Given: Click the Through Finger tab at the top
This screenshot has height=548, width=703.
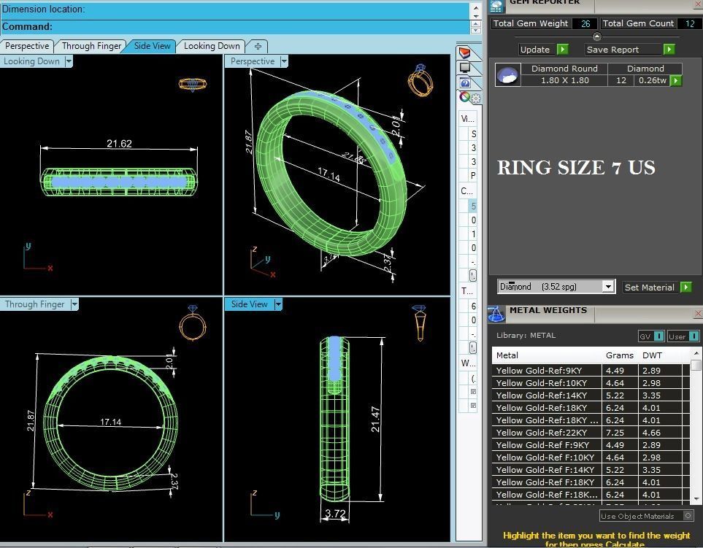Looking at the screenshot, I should (x=91, y=45).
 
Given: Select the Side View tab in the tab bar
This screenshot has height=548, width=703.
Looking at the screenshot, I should (x=152, y=45).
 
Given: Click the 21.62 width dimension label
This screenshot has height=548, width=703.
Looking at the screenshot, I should (x=119, y=144).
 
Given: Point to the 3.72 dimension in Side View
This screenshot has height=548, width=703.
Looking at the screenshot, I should (x=335, y=514).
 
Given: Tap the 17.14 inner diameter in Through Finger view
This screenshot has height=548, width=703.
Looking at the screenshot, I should (x=110, y=422).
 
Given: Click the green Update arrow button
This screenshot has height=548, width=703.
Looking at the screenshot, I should (x=562, y=50).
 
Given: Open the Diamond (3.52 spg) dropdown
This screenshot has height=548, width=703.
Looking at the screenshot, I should (x=607, y=287).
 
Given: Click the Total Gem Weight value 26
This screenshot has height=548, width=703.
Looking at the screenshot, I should (x=585, y=23).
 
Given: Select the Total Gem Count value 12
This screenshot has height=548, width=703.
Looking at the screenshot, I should (x=690, y=23).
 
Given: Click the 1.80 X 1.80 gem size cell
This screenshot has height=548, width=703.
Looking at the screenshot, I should (x=564, y=80).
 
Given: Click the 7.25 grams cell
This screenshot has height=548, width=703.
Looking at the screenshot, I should (x=615, y=433).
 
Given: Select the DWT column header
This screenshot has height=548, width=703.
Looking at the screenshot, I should (x=652, y=355).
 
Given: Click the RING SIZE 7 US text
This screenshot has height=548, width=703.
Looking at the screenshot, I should (x=576, y=168).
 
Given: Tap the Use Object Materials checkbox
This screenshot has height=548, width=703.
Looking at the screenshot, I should (x=687, y=516).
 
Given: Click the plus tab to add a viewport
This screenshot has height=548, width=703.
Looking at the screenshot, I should (x=258, y=45).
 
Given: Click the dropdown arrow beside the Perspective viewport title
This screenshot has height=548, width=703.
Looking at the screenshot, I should (x=284, y=61).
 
